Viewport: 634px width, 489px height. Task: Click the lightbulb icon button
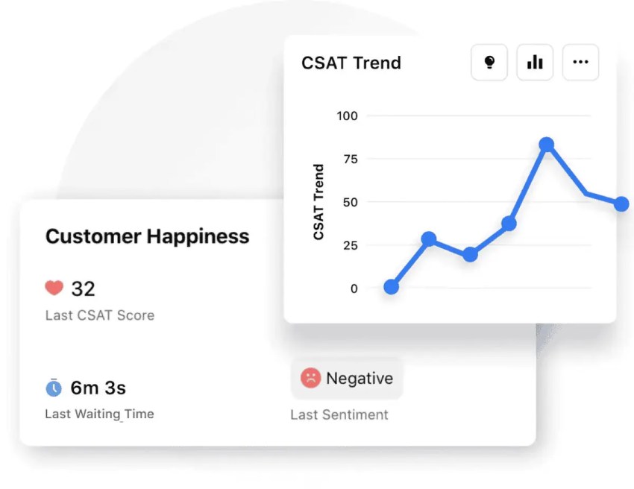pyautogui.click(x=489, y=63)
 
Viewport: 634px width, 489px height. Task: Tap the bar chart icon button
pyautogui.click(x=535, y=63)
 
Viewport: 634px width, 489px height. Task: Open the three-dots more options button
pyautogui.click(x=580, y=63)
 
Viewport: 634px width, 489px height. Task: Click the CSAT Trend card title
pyautogui.click(x=351, y=63)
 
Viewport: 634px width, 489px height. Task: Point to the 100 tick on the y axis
pyautogui.click(x=348, y=116)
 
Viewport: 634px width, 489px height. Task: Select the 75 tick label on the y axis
pyautogui.click(x=351, y=159)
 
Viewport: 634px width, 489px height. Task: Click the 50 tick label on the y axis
pyautogui.click(x=351, y=202)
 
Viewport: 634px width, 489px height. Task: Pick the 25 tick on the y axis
pyautogui.click(x=351, y=245)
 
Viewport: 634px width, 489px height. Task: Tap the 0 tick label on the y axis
pyautogui.click(x=354, y=288)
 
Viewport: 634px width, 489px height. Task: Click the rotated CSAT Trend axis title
pyautogui.click(x=318, y=202)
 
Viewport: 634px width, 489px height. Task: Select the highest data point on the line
pyautogui.click(x=547, y=145)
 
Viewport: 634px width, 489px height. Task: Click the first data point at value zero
pyautogui.click(x=391, y=287)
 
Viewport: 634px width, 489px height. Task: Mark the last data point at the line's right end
pyautogui.click(x=621, y=204)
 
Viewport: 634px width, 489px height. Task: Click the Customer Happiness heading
pyautogui.click(x=148, y=236)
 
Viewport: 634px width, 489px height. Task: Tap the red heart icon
pyautogui.click(x=54, y=288)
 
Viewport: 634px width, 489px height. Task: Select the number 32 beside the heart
pyautogui.click(x=84, y=288)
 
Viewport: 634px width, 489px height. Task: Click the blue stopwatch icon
pyautogui.click(x=54, y=388)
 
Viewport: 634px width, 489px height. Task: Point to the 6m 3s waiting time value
pyautogui.click(x=98, y=388)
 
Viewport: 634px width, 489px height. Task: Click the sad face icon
pyautogui.click(x=310, y=378)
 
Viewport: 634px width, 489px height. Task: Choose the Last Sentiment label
pyautogui.click(x=339, y=414)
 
